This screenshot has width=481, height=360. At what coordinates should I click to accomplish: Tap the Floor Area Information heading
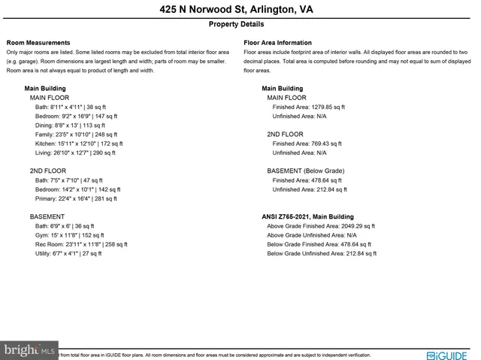(x=277, y=43)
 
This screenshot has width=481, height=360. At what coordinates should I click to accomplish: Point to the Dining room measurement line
(x=70, y=126)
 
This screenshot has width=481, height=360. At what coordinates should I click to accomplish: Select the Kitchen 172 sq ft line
(x=79, y=144)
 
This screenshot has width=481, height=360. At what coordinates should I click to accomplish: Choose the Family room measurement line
(x=79, y=135)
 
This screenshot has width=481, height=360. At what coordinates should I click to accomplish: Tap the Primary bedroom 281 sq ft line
(x=77, y=198)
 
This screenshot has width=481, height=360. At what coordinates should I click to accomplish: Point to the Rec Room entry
(x=81, y=244)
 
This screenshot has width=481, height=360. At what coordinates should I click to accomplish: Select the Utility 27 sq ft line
(x=68, y=253)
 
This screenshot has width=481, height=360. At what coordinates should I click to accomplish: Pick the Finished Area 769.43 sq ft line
(x=307, y=144)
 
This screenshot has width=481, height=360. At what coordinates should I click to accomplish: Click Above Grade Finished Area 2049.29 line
(x=321, y=225)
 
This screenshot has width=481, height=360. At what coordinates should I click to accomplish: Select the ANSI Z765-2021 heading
(x=307, y=216)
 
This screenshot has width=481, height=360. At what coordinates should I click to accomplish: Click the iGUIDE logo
(x=446, y=355)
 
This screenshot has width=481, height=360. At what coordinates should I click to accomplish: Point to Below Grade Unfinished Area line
(x=322, y=253)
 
